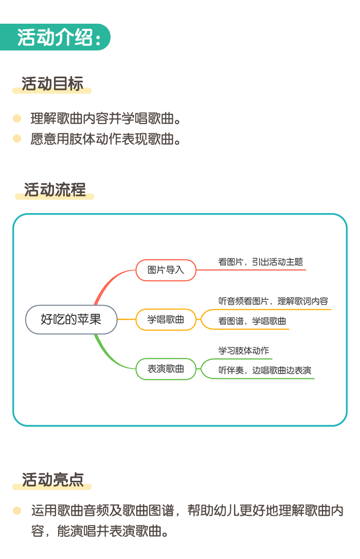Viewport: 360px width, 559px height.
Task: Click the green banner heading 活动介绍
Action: [55, 37]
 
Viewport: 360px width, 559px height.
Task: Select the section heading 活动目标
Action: [52, 84]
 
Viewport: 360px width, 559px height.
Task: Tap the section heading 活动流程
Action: [55, 189]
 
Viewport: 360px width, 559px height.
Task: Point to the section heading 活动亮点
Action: [52, 480]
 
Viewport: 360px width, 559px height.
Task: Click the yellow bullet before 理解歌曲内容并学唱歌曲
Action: [17, 118]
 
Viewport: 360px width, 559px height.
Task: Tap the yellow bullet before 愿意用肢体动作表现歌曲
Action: [17, 138]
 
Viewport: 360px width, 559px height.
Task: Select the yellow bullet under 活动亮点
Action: [17, 511]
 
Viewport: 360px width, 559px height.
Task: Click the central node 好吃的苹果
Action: [71, 320]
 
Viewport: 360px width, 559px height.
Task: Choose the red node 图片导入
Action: [166, 270]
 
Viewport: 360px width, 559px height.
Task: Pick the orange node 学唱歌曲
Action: [166, 320]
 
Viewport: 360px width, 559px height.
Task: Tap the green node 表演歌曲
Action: [166, 369]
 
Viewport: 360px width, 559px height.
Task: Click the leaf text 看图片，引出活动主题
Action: [261, 262]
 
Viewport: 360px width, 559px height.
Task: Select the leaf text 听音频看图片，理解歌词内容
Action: [273, 301]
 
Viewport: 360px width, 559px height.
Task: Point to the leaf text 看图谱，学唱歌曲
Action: [252, 321]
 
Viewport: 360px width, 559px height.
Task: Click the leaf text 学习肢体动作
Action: [244, 351]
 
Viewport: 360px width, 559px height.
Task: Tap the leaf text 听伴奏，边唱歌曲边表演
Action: [264, 371]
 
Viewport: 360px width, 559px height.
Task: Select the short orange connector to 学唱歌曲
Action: [127, 320]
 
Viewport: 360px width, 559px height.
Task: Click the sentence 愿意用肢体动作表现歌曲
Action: [106, 139]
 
